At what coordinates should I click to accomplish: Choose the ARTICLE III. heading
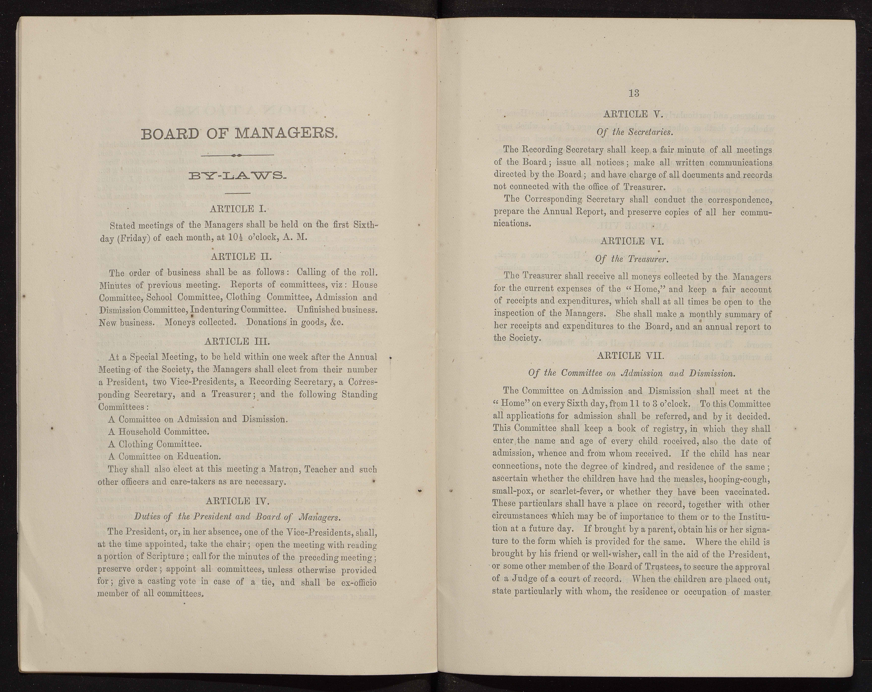(x=237, y=341)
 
